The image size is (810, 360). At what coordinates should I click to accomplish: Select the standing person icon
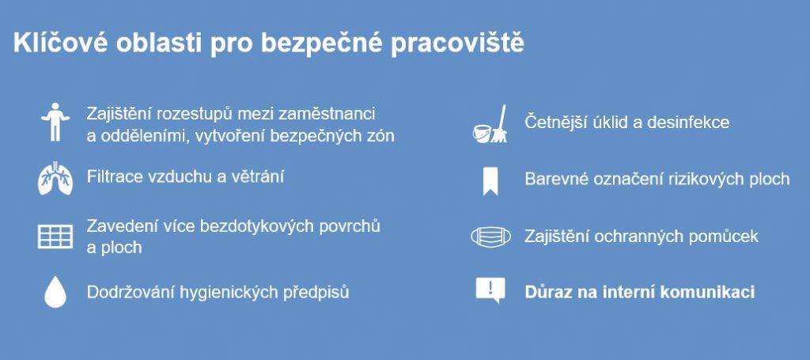coord(55,122)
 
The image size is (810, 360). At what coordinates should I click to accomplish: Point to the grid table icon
coord(55,237)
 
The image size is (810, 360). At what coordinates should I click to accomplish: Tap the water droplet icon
coord(55,292)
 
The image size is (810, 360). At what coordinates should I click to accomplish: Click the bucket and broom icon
coord(490,124)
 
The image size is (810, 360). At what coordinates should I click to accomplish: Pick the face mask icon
coord(490,237)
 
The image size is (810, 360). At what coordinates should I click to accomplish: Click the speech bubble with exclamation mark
coord(490,290)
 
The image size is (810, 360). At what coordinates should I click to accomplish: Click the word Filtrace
coord(115,176)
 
